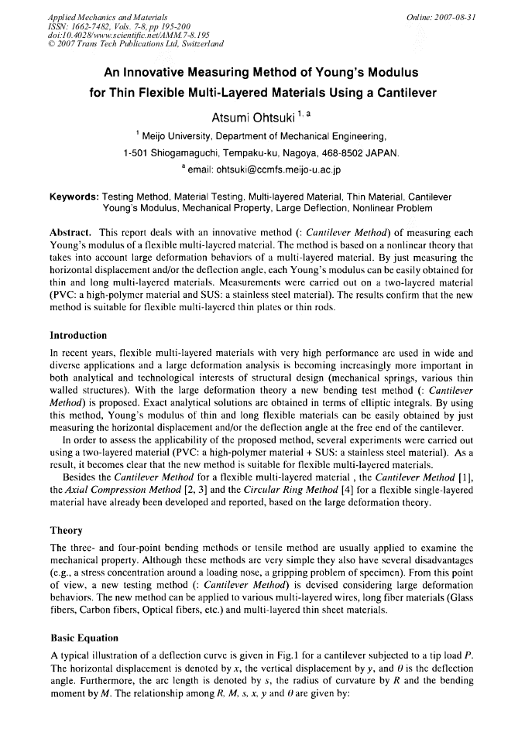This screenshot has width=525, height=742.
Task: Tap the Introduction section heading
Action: [x=78, y=336]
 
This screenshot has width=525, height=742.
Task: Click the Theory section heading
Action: [x=66, y=532]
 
